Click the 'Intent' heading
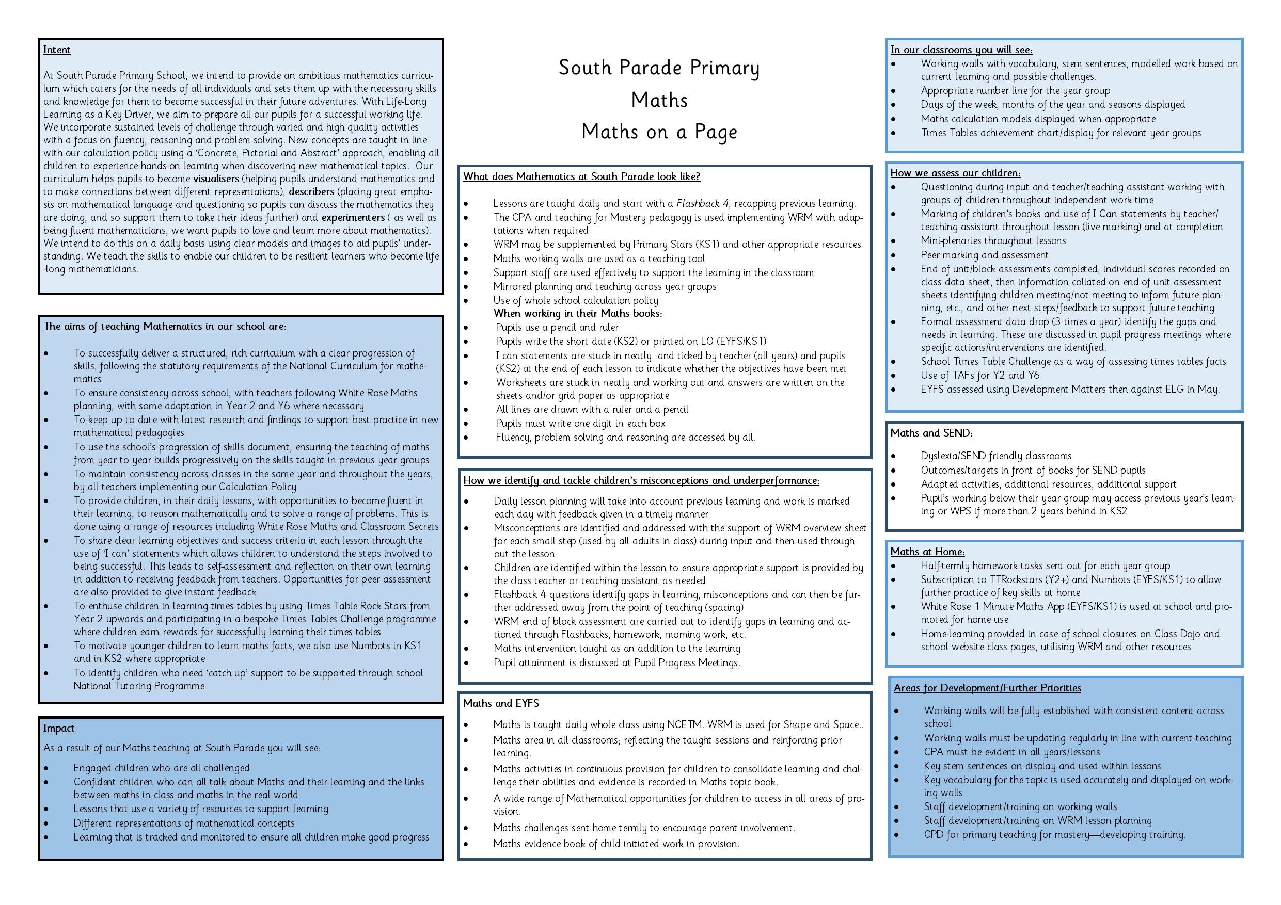click(56, 50)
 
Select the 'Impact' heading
click(58, 728)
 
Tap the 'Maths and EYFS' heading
click(500, 703)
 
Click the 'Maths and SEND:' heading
click(931, 433)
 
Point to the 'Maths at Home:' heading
click(927, 552)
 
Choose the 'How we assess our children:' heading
click(955, 173)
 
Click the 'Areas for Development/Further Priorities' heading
click(987, 688)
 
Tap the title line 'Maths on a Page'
click(659, 132)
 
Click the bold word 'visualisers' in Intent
click(216, 179)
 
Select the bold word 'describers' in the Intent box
click(311, 191)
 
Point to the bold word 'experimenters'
click(353, 217)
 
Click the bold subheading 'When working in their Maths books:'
click(577, 313)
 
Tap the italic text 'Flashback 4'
click(702, 203)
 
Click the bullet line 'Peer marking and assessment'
click(984, 255)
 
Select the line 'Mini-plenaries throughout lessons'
click(992, 240)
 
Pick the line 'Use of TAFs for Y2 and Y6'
click(979, 375)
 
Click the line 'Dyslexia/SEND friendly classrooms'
click(996, 456)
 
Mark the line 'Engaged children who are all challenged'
click(161, 768)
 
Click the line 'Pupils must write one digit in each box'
click(580, 423)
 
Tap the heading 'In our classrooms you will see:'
click(961, 50)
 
